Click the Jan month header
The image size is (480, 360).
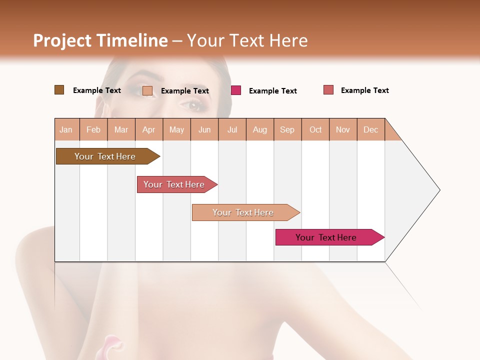66,129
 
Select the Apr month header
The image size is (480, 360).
148,129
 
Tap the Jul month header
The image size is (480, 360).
232,129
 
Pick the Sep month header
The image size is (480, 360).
287,129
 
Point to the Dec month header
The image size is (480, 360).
370,129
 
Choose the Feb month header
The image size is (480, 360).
93,129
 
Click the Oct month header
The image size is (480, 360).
315,129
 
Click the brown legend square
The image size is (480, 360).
59,90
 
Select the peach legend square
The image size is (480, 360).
147,90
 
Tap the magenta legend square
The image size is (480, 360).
236,90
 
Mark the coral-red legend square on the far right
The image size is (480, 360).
328,90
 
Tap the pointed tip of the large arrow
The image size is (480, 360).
439,190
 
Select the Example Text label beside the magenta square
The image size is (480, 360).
272,91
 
